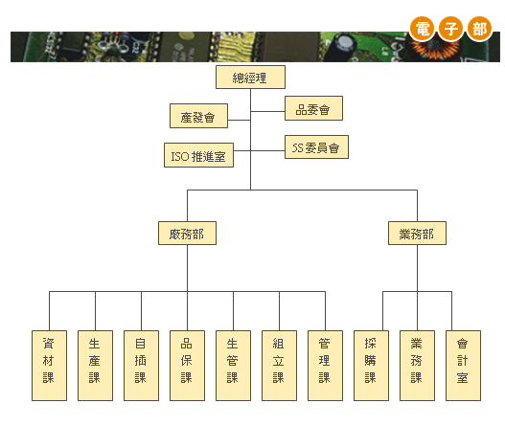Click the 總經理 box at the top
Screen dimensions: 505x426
coord(250,78)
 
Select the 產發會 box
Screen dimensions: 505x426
coord(198,116)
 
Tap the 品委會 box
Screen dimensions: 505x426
coord(313,108)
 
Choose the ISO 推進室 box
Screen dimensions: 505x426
coord(198,155)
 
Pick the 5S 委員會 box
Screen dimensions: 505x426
coord(316,147)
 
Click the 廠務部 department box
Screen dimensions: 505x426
coord(187,233)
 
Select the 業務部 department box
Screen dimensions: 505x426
coord(417,233)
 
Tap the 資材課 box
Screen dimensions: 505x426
coord(49,366)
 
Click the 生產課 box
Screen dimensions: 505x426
coord(95,366)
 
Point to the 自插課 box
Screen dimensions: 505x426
coord(142,366)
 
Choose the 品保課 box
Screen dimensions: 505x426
coord(187,366)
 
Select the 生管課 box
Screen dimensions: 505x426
coord(233,366)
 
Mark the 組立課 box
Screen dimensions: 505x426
coord(279,366)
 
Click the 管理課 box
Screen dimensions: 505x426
coord(325,366)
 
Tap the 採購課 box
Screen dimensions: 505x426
coord(372,366)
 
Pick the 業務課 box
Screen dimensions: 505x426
coord(417,366)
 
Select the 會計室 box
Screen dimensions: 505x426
coord(463,366)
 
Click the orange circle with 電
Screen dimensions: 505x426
coord(423,29)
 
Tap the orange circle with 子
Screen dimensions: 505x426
coord(451,29)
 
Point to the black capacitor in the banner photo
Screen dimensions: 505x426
coord(340,47)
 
